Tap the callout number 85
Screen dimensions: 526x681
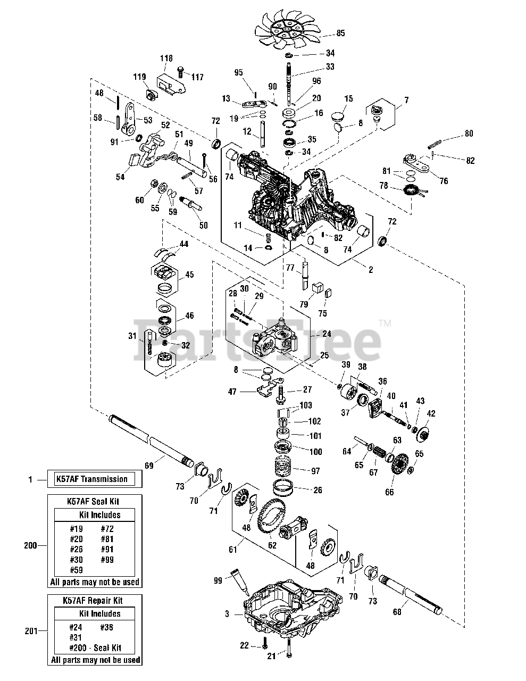pos(340,33)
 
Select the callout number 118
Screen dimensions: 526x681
pos(166,59)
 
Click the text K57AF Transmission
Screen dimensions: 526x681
pos(92,479)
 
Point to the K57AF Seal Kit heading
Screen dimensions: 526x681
pos(93,501)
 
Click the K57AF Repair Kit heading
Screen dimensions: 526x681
pos(93,601)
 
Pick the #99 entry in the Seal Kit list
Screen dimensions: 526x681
pos(107,560)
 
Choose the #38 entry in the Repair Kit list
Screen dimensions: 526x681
pos(106,627)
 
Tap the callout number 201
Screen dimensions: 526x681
pos(31,631)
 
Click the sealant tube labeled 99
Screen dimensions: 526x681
pos(240,582)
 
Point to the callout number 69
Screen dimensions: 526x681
pos(149,466)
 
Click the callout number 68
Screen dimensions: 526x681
pos(397,612)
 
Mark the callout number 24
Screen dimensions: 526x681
pos(327,334)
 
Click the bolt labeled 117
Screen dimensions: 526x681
pos(180,72)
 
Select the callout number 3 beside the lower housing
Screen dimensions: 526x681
pos(227,614)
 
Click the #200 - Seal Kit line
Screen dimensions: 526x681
pos(95,648)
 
